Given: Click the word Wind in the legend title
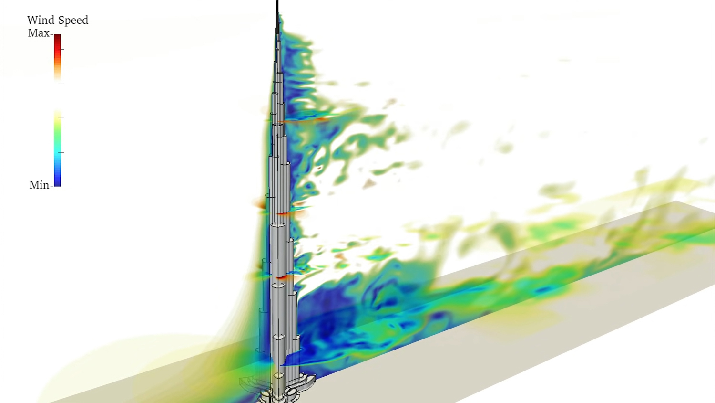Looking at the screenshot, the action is (x=36, y=20).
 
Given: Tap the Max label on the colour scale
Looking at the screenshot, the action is (x=39, y=33).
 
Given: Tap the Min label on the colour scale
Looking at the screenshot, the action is (x=39, y=185).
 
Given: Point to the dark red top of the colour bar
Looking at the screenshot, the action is (x=58, y=38).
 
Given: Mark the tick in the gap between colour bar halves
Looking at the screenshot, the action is (x=61, y=84).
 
